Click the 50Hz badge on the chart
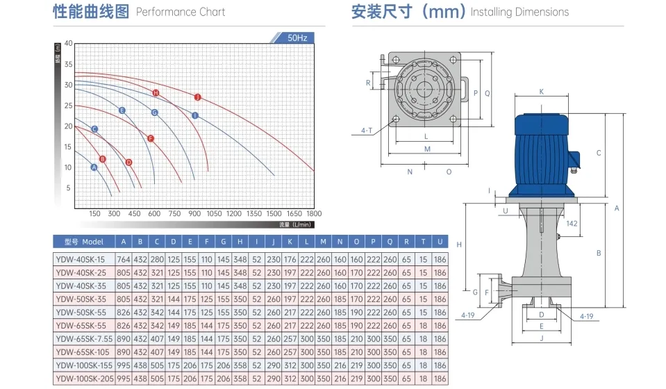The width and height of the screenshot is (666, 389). (297, 38)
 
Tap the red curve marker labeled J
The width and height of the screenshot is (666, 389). (198, 97)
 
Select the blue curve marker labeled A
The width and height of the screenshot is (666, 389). (94, 167)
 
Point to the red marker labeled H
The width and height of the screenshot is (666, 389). (156, 92)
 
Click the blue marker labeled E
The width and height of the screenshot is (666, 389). (122, 110)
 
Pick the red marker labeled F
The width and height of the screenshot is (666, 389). (151, 138)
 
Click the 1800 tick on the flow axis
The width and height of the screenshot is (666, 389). (314, 214)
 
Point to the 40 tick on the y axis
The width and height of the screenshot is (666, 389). (68, 43)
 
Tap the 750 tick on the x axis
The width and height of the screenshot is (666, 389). (175, 214)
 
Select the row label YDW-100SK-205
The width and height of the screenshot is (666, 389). (83, 379)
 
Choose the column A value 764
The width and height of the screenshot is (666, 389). (124, 259)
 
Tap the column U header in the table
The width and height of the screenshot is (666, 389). (440, 242)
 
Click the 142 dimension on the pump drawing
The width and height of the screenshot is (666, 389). (572, 223)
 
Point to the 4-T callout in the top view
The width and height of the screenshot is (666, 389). (367, 129)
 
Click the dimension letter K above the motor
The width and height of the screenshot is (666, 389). (542, 91)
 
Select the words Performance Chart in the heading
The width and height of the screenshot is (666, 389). (181, 12)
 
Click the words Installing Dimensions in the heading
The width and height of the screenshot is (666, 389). (519, 12)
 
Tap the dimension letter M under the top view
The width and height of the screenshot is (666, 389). (427, 149)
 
